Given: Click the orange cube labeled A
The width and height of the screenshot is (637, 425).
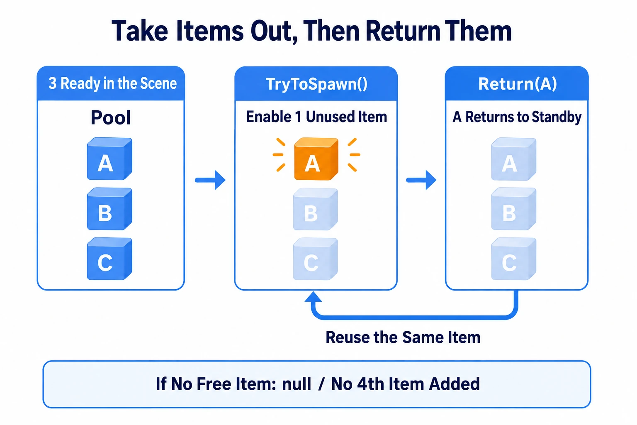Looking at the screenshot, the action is tap(316, 159).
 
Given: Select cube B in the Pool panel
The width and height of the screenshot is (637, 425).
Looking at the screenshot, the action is tap(109, 209).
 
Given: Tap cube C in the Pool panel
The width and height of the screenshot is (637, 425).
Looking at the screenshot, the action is tap(109, 259).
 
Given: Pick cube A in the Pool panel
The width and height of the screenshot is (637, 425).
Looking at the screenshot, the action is tap(109, 159).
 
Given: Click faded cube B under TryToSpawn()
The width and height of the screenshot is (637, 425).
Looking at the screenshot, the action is tap(315, 209).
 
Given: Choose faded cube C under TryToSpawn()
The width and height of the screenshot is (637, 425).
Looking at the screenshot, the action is tap(315, 259).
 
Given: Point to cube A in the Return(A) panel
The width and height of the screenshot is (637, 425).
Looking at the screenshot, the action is tap(514, 159).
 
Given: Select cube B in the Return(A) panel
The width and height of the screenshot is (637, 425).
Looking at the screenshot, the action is tap(514, 209).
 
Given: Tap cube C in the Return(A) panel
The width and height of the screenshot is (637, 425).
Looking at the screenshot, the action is tap(514, 259).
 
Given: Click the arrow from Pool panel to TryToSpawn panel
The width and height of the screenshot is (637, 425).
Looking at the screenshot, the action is tap(210, 180).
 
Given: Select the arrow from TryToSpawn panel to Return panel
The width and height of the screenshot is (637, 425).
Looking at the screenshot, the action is tap(421, 180).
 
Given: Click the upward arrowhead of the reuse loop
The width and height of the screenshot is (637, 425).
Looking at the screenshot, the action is tap(313, 297).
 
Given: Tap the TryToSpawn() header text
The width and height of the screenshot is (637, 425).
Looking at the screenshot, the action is tap(316, 84).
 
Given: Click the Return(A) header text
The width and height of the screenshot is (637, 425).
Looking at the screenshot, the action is tap(517, 84).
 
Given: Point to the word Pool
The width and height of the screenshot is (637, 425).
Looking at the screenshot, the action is tap(111, 117).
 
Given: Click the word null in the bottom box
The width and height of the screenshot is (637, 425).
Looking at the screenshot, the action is tap(297, 384).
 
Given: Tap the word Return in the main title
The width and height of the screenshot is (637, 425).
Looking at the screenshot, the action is tap(403, 31).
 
